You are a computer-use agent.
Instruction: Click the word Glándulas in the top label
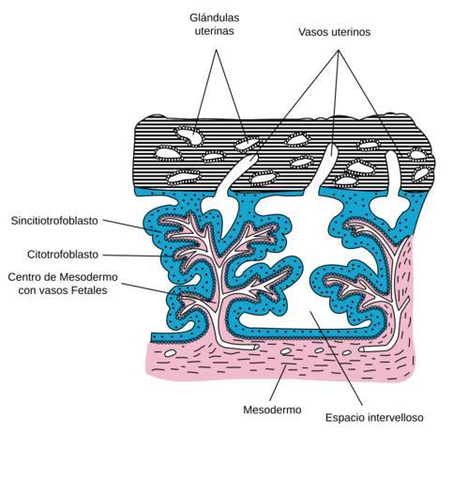pos(215,18)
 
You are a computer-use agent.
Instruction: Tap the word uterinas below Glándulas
pos(215,31)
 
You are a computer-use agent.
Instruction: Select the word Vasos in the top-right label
pos(313,32)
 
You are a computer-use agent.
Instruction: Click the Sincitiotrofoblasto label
pos(54,221)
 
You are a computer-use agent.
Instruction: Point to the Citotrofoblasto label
pos(63,255)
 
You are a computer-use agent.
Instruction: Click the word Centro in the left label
pos(24,277)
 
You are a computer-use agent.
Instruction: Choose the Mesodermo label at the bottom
pos(272,410)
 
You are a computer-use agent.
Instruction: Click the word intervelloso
pos(396,417)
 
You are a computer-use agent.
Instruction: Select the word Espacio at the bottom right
pos(345,418)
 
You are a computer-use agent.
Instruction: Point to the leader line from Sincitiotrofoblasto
pos(131,225)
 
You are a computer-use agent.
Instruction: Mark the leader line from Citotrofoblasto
pos(138,256)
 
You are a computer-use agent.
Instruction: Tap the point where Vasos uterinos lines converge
pos(339,50)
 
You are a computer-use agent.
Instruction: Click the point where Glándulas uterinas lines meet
pos(216,50)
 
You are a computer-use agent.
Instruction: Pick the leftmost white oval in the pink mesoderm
pos(170,353)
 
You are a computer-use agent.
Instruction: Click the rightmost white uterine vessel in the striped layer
pos(393,188)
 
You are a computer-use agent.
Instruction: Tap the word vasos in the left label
pos(55,290)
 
